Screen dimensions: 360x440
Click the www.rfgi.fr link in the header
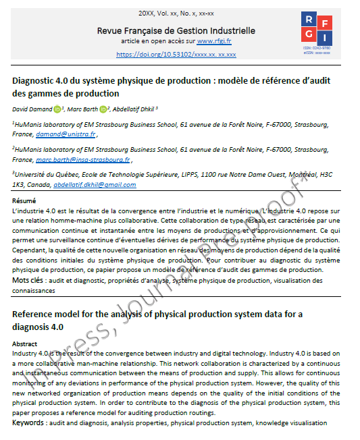pos(215,41)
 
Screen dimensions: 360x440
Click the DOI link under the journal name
pos(176,54)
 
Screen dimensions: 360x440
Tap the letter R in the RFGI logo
pos(309,20)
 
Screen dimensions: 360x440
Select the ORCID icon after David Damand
pos(57,109)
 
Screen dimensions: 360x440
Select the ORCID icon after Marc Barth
pos(103,109)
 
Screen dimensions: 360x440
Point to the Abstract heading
pos(25,343)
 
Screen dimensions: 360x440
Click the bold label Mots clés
pos(28,279)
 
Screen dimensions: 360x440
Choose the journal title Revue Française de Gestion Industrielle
pos(176,30)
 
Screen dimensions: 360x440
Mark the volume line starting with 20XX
pos(176,13)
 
